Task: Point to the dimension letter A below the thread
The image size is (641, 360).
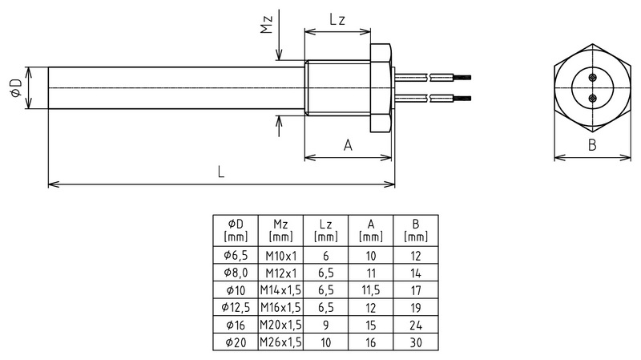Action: pos(348,145)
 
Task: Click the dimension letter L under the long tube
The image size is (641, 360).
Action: pos(220,172)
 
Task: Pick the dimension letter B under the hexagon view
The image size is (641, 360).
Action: pos(592,145)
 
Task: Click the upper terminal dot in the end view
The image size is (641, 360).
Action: pos(592,78)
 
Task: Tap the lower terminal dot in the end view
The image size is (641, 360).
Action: pos(592,97)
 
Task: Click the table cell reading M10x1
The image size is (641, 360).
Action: pos(280,256)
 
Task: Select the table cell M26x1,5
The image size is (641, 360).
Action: pos(280,342)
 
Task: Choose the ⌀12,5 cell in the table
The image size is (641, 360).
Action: pos(236,308)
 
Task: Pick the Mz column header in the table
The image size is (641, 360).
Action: pos(280,230)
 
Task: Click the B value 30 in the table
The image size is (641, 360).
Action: pos(415,342)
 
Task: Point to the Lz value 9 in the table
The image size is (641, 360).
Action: pos(325,325)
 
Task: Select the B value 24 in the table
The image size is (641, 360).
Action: pos(415,325)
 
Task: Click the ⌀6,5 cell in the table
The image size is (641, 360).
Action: pos(236,256)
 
